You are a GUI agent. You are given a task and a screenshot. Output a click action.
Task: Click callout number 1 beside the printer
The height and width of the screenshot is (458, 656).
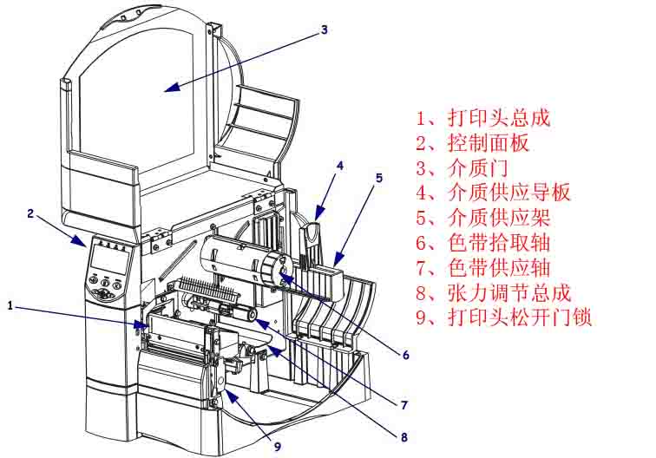(10, 305)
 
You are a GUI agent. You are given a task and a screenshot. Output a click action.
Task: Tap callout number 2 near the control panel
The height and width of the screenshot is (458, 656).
(30, 213)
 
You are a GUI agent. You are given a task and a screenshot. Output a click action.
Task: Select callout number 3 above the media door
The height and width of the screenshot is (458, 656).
(324, 29)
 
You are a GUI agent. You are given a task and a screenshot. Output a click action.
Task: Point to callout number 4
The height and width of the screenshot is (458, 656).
(340, 165)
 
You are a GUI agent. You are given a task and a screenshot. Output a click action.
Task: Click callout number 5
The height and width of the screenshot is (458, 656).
(379, 178)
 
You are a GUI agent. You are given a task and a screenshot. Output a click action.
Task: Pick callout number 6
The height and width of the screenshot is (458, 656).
(404, 355)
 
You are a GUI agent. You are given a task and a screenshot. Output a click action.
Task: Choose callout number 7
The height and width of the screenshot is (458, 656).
(403, 404)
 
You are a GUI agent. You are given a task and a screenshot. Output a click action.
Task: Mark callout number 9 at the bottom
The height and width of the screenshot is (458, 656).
(277, 448)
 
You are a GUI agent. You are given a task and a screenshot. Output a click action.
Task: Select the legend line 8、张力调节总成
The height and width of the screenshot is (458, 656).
(494, 293)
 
